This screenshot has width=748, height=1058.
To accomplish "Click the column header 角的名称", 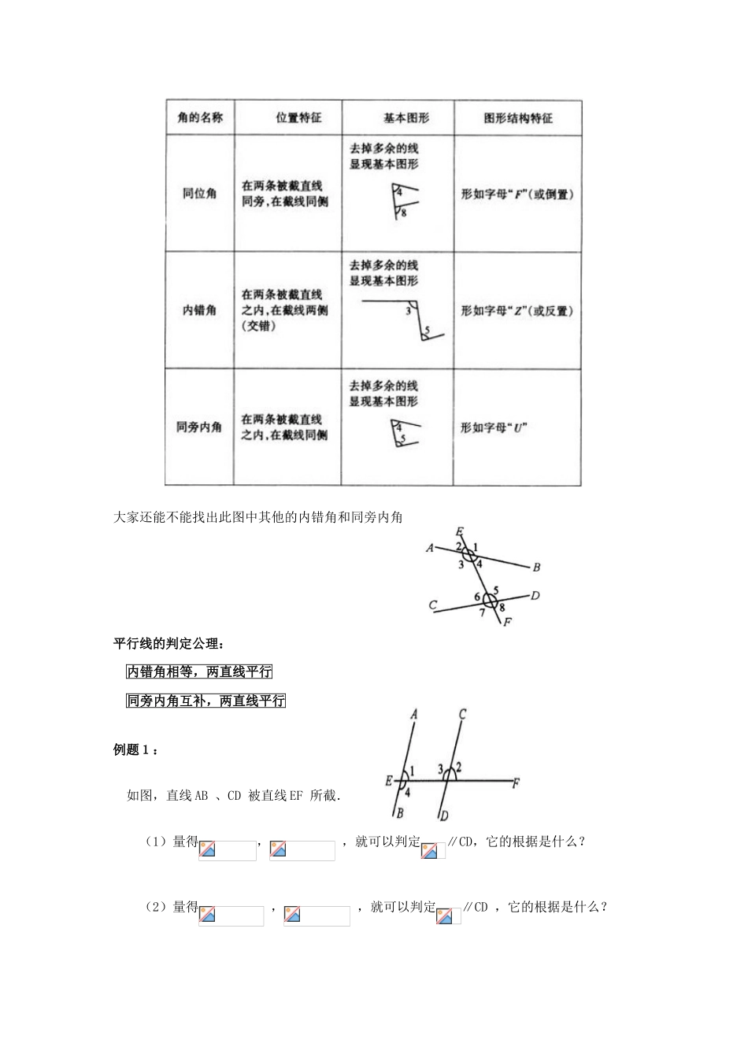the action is [199, 117].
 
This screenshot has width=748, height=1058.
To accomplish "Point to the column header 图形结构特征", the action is [517, 117].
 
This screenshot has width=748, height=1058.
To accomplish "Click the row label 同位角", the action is [199, 193].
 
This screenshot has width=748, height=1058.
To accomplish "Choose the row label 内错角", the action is [199, 310].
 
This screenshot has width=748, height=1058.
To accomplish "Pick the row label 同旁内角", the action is [199, 427].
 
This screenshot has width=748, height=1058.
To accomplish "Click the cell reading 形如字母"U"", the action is [494, 427].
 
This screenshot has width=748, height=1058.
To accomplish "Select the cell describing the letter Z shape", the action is [517, 310].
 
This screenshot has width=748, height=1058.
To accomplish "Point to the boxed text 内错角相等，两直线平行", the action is [199, 671].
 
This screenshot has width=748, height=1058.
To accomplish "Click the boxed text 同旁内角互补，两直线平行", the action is [206, 700].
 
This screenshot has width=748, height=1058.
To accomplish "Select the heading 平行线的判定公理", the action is [168, 643].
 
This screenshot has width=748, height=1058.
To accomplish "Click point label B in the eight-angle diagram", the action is [536, 567].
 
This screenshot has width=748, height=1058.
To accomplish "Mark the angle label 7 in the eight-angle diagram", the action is [482, 612].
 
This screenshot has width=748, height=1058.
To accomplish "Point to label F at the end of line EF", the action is [516, 782].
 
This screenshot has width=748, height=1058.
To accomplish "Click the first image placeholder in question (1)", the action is [227, 850].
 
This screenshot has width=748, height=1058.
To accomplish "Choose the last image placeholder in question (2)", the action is [449, 916].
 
